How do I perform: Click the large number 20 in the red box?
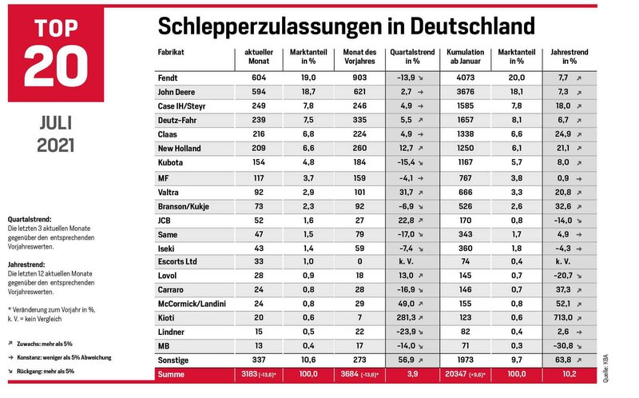(x=56, y=66)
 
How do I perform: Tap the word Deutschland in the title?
(x=472, y=26)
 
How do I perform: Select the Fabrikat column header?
(x=171, y=52)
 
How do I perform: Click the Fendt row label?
(x=168, y=78)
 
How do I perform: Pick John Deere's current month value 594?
(x=258, y=92)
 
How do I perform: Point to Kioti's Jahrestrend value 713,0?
(x=564, y=317)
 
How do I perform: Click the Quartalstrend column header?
(x=412, y=57)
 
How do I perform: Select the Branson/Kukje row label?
(x=184, y=207)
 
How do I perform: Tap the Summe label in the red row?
(x=171, y=374)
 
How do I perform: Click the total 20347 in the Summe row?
(x=455, y=374)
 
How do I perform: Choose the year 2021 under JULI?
(x=55, y=145)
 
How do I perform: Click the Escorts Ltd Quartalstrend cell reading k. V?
(x=406, y=261)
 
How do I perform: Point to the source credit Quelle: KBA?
(x=605, y=368)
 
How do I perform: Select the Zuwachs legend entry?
(x=41, y=344)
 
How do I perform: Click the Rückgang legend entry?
(x=42, y=372)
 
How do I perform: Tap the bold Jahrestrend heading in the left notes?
(x=26, y=265)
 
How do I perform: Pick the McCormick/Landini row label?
(x=192, y=304)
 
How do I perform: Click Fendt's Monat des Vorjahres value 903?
(x=359, y=78)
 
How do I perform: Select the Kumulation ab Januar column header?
(x=466, y=57)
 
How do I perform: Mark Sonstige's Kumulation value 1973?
(x=465, y=360)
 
